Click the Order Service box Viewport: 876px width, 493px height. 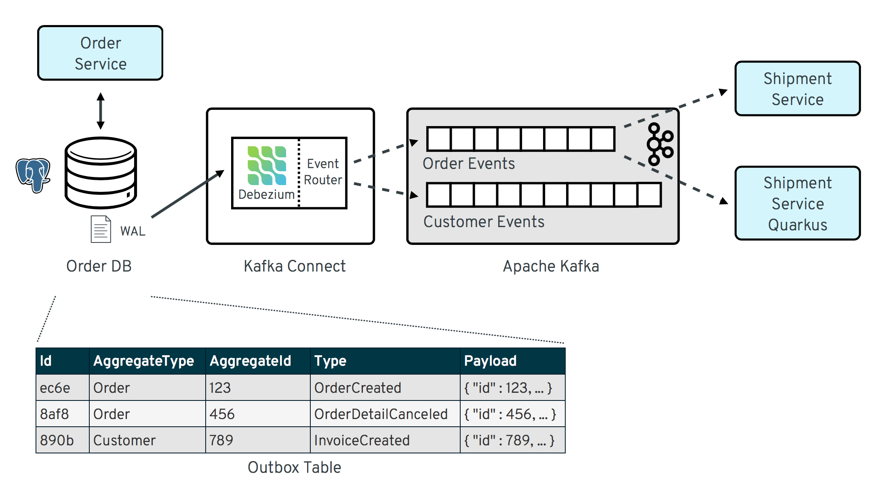coord(100,53)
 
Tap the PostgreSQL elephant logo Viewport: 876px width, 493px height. coord(33,175)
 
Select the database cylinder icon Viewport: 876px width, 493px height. coord(101,173)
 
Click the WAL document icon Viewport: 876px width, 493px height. coord(101,229)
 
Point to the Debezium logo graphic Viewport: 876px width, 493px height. coord(267,166)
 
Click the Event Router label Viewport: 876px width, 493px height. coord(323,172)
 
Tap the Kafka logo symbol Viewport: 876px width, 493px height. coord(659,144)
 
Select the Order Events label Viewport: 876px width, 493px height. coord(469,164)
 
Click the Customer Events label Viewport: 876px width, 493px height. coord(484,222)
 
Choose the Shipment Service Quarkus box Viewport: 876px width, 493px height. coord(797,203)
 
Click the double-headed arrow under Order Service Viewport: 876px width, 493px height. coord(101,111)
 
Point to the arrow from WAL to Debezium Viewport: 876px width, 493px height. coord(187,194)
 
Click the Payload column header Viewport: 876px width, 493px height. coord(490,361)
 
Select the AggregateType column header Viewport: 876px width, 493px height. coord(143,361)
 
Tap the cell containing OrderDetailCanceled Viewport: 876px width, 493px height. coord(381,414)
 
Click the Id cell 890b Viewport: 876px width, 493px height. coord(57,440)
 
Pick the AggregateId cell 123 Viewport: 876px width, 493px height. coord(220,388)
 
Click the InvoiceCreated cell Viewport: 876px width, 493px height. coord(362,440)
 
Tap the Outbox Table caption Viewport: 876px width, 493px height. coord(294,468)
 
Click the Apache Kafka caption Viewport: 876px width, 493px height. coord(551,266)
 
